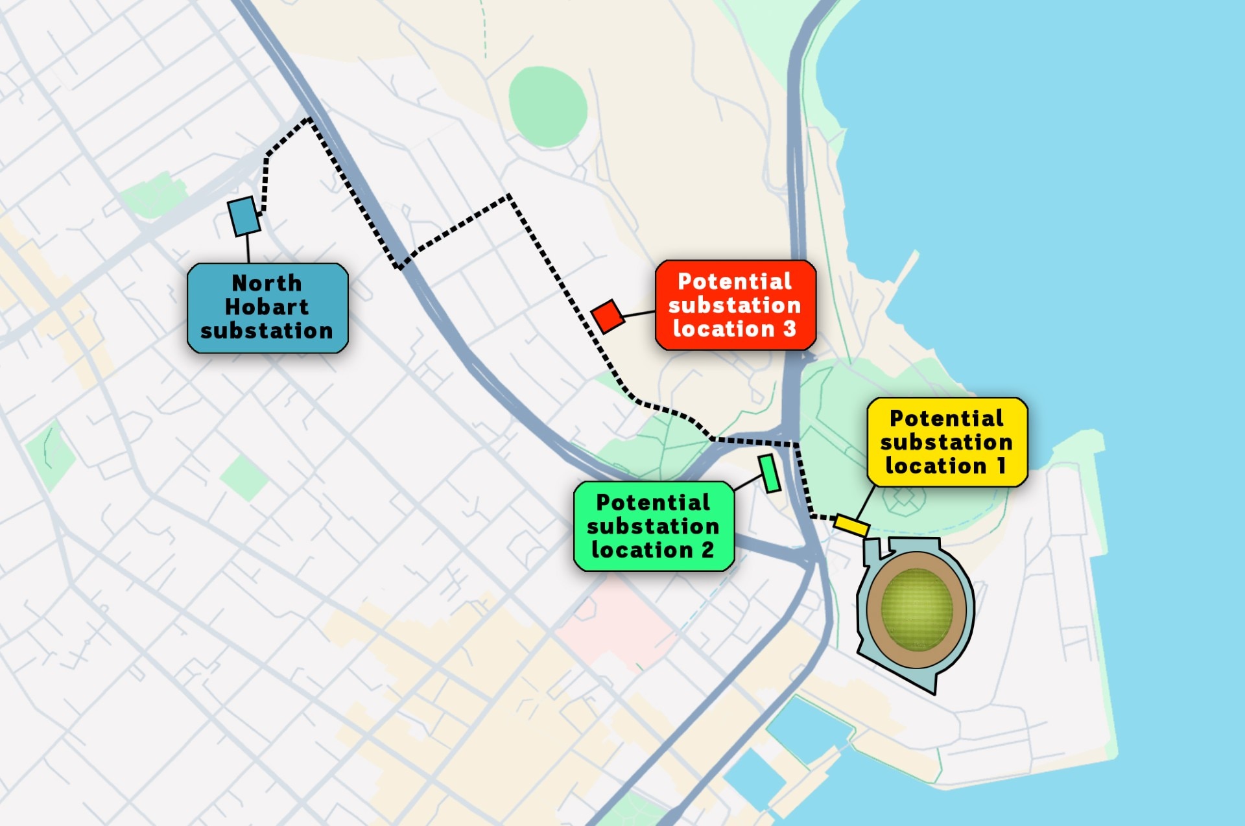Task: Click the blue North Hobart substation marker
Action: (x=244, y=216)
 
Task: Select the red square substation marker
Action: (x=608, y=316)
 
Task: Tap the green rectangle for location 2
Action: (x=770, y=473)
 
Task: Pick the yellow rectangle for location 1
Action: (x=851, y=525)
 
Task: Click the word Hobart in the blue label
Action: (x=267, y=307)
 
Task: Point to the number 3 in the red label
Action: (x=789, y=329)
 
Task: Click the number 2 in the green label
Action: (x=707, y=550)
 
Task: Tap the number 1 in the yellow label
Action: (x=1001, y=466)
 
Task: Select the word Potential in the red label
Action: (x=734, y=281)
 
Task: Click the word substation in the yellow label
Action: (x=946, y=442)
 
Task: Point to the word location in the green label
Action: (x=642, y=550)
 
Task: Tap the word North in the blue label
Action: (x=267, y=283)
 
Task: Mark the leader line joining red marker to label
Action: (x=639, y=314)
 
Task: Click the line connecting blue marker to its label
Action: (x=248, y=248)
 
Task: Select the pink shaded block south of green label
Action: (x=616, y=622)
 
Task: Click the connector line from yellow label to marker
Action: (x=866, y=502)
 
